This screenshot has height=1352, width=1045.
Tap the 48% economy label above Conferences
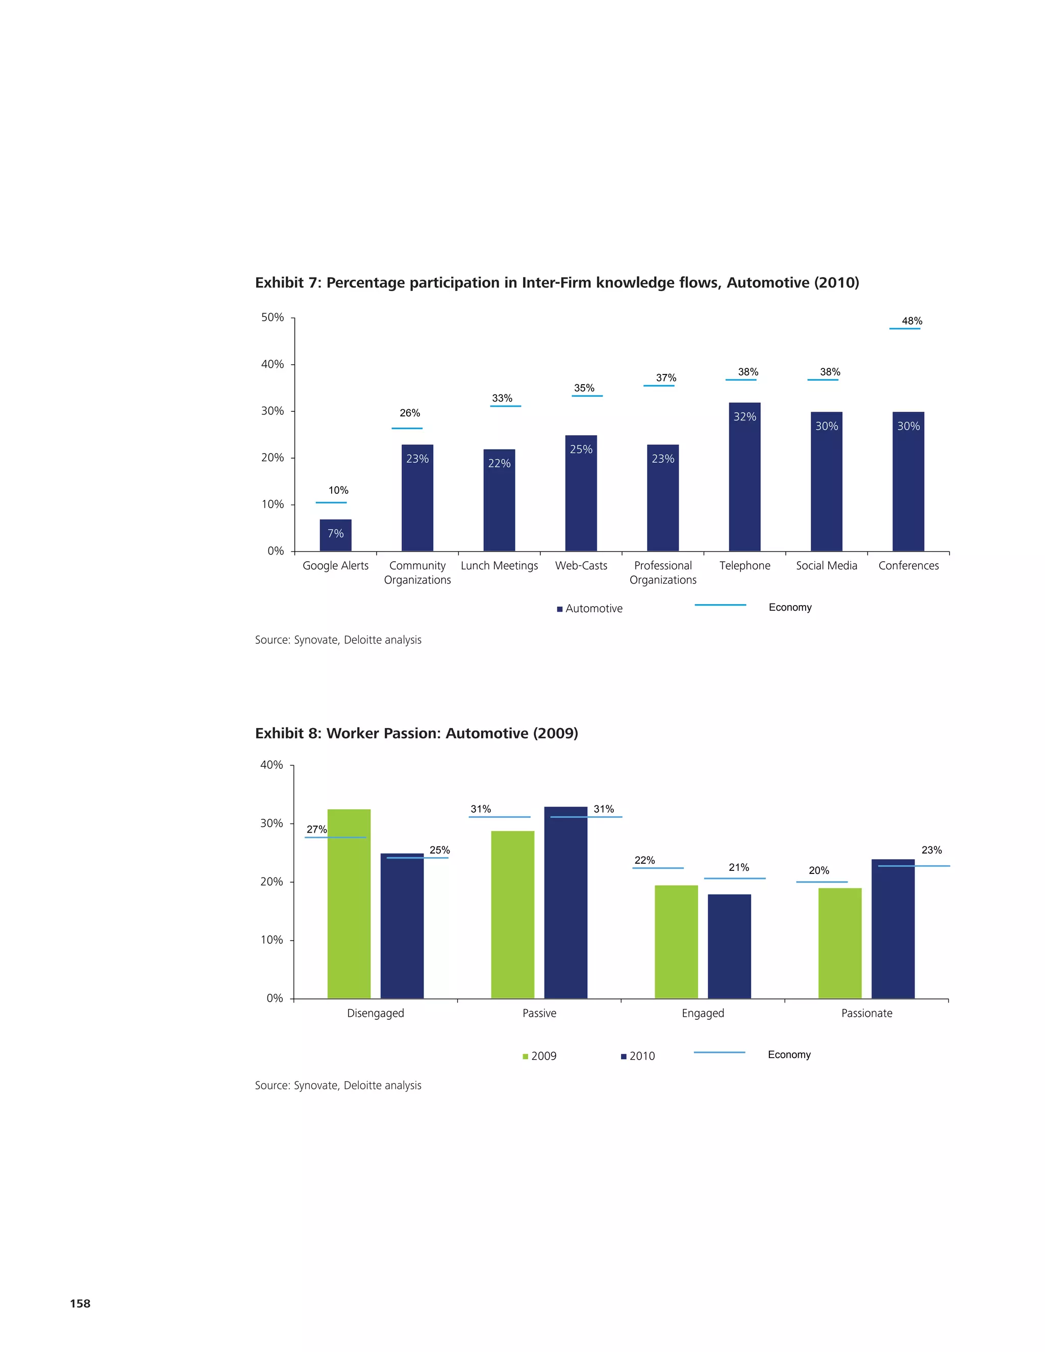point(911,321)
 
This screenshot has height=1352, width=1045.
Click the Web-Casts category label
point(581,565)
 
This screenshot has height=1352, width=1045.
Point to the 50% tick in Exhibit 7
point(272,317)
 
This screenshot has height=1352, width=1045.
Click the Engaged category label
point(703,1013)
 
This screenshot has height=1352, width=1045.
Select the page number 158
point(80,1303)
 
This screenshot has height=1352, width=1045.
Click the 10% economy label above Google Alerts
point(338,490)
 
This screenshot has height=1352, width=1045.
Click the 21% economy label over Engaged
point(738,867)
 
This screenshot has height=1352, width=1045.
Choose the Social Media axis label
point(826,565)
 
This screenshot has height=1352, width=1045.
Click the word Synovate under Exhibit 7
point(315,640)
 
